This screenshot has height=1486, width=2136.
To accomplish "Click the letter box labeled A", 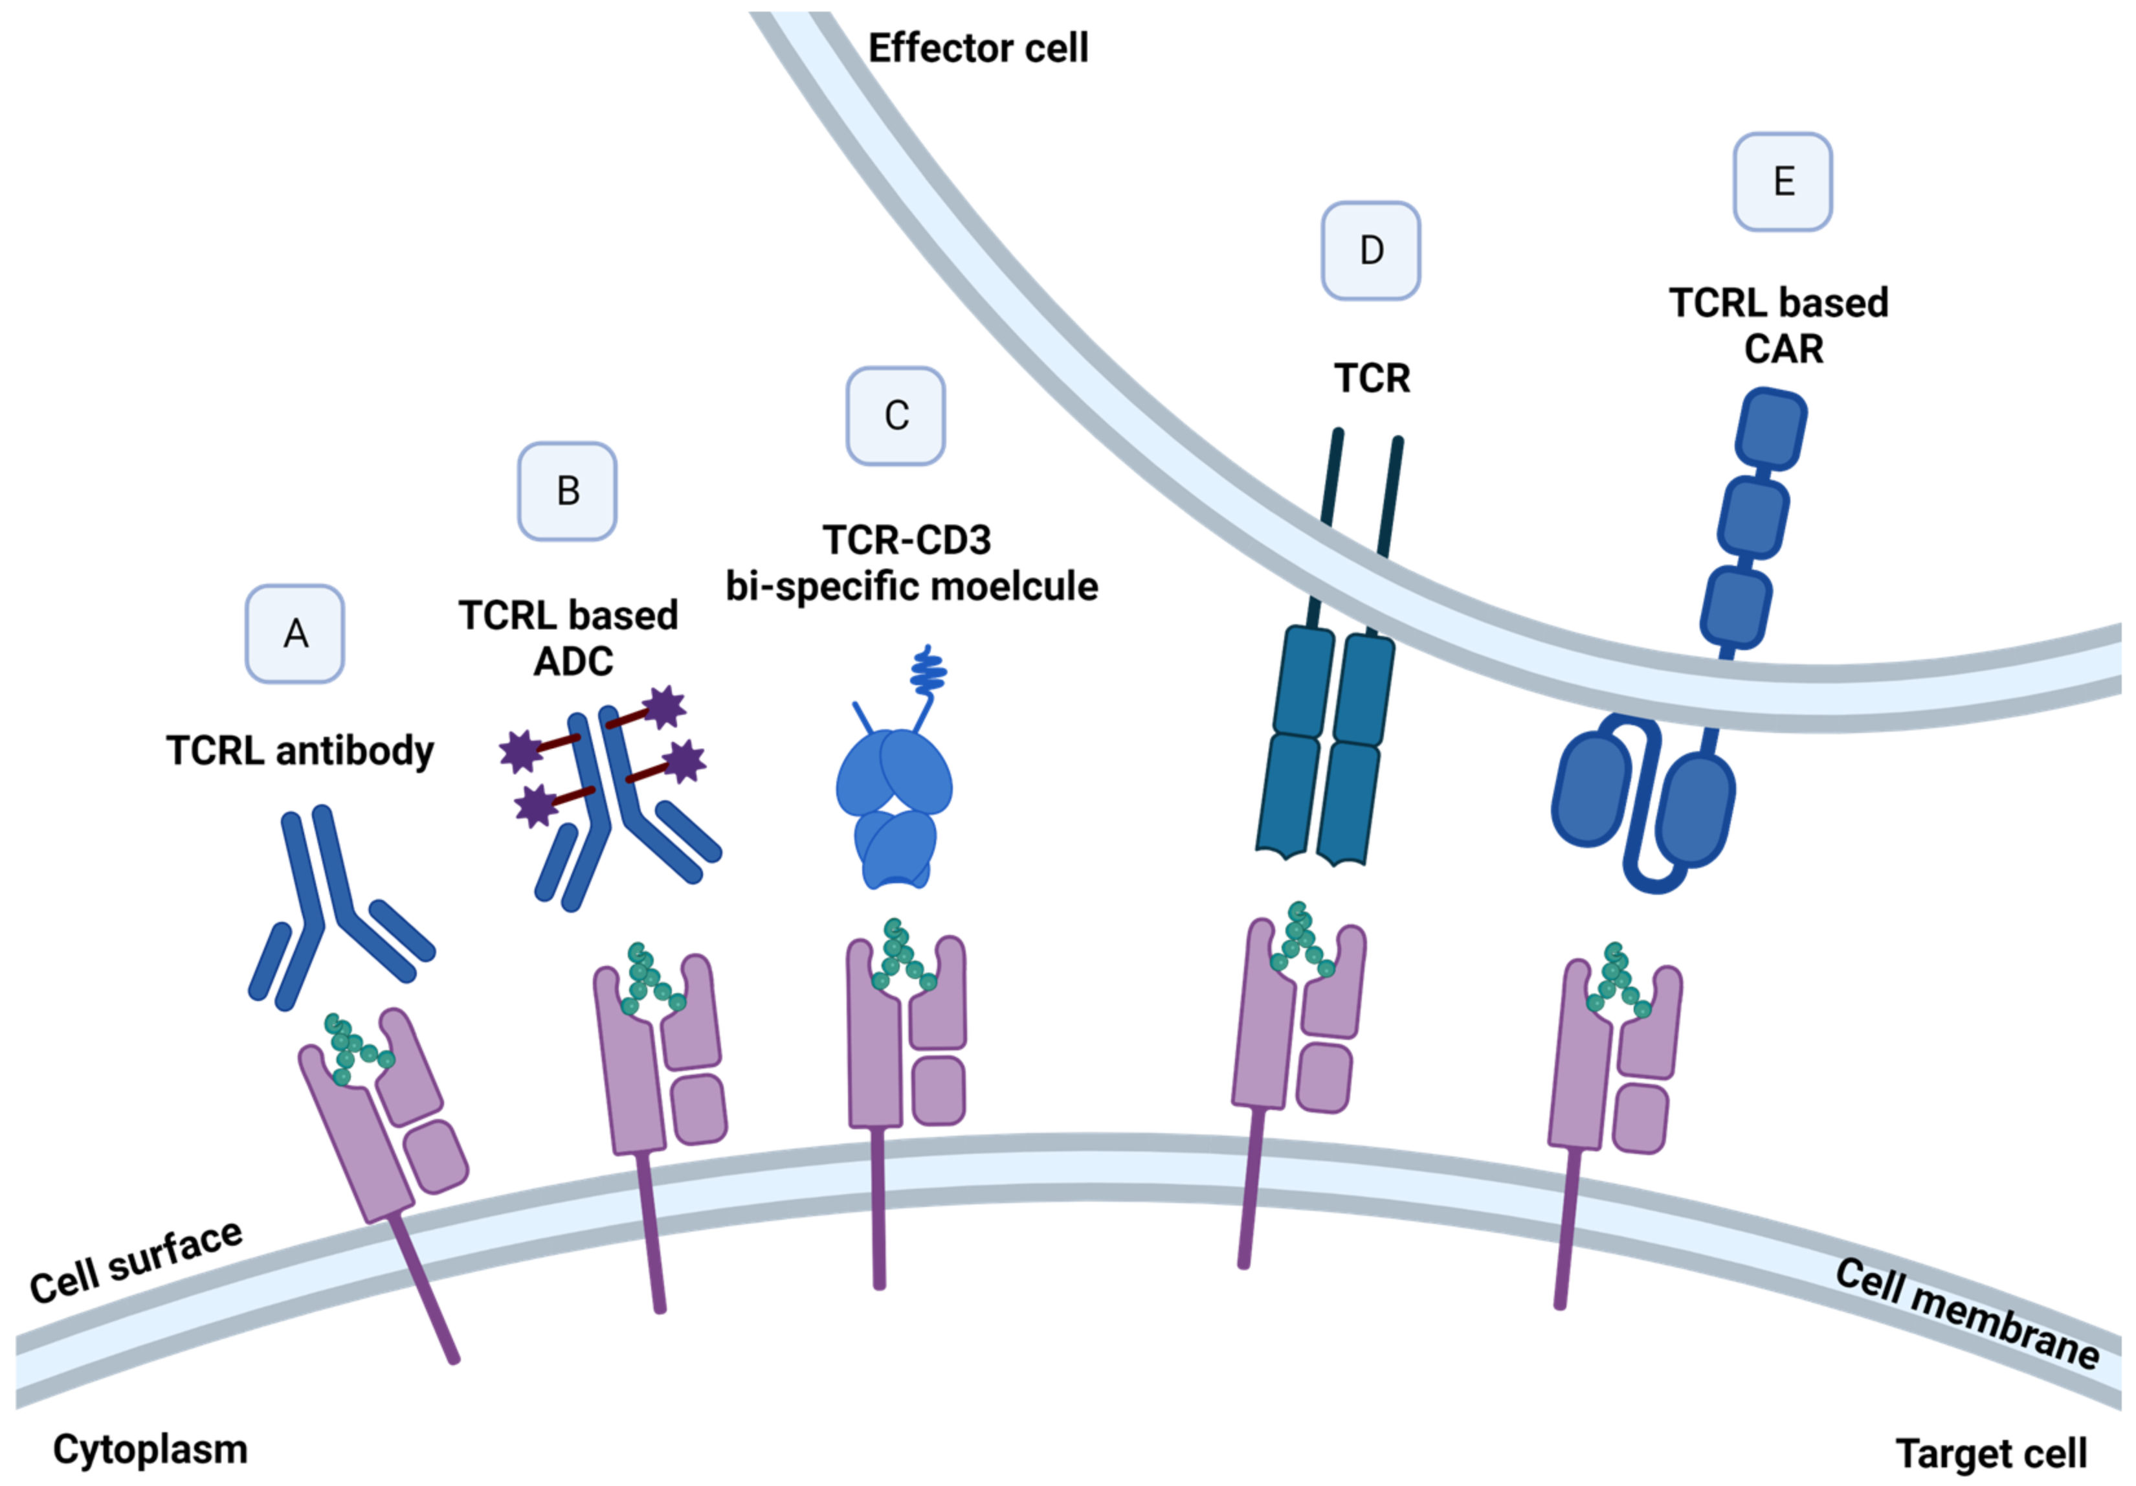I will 295,634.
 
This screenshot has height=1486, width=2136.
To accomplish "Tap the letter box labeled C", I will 896,415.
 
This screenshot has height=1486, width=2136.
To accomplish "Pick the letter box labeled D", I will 1372,251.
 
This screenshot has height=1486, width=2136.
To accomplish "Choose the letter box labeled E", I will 1783,181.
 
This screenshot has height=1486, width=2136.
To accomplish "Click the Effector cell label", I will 978,49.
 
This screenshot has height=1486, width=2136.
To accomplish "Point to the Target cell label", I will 1991,1452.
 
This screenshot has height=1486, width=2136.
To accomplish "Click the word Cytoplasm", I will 150,1449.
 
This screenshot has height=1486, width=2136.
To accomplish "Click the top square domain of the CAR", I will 1772,429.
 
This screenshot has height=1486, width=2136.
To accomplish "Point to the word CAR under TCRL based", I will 1783,350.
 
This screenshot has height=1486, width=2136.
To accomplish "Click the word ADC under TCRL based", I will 573,662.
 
